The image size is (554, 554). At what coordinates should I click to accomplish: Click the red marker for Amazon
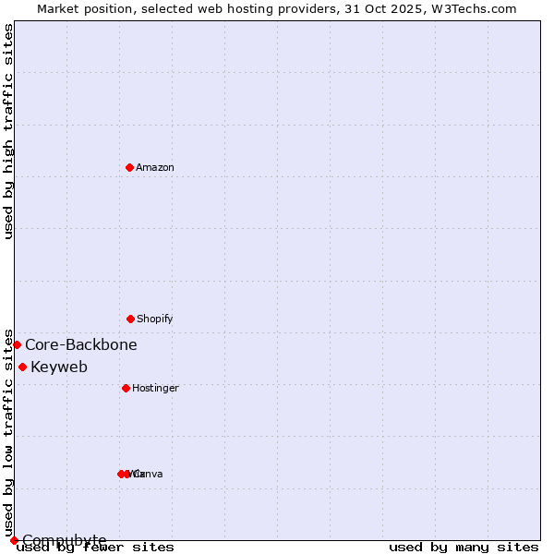(130, 167)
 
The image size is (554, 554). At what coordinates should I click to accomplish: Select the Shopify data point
(130, 319)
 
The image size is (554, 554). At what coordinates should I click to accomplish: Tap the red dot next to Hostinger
(126, 388)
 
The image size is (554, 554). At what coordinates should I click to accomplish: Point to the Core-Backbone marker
(17, 344)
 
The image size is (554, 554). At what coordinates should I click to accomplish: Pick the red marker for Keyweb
(22, 367)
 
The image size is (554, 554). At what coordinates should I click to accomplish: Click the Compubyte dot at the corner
(14, 540)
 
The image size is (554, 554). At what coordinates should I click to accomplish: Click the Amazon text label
(155, 167)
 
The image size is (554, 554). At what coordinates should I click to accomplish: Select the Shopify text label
(155, 319)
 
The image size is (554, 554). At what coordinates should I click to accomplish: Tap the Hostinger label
(155, 388)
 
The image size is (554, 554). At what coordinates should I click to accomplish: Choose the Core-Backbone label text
(81, 344)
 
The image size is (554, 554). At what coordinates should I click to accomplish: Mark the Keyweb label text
(59, 367)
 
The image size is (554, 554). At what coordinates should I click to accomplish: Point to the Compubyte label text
(65, 539)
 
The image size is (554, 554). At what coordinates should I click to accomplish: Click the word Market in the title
(59, 8)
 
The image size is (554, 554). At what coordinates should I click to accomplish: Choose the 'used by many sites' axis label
(464, 548)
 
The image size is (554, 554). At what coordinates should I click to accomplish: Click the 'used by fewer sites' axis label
(96, 548)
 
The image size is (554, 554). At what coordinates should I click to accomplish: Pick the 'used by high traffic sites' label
(8, 131)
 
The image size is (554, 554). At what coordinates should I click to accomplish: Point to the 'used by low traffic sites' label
(8, 432)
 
